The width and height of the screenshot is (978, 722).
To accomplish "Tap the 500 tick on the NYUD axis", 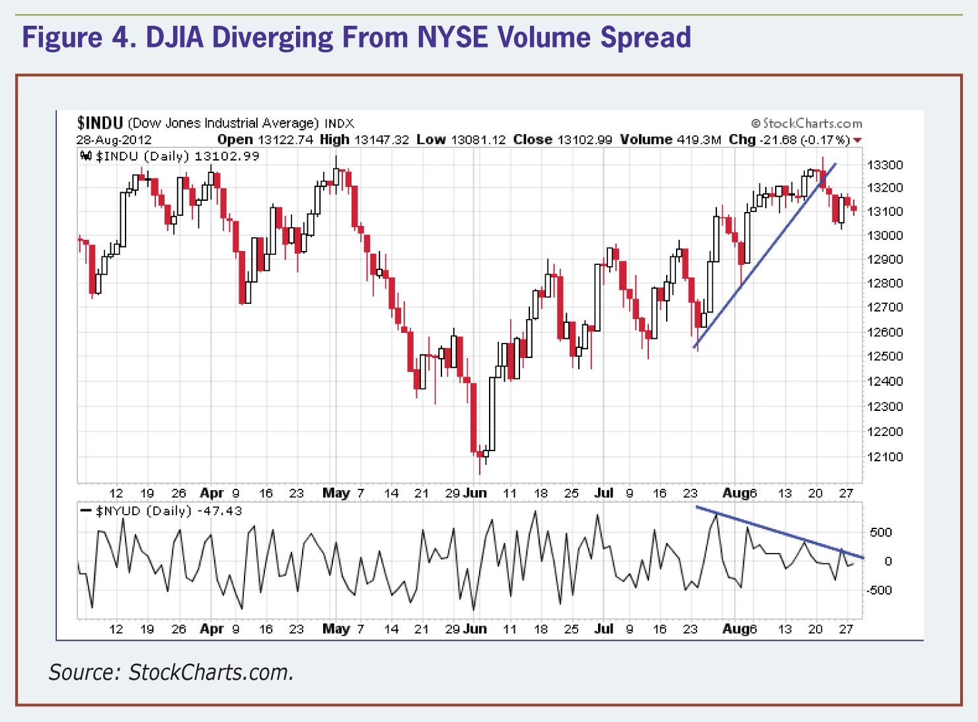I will (880, 532).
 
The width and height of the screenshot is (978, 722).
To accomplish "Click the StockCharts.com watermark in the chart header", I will (807, 124).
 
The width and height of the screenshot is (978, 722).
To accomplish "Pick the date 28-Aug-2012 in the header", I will (114, 140).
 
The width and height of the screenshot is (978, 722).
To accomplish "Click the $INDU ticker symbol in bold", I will (100, 123).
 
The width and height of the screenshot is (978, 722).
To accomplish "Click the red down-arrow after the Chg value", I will (858, 140).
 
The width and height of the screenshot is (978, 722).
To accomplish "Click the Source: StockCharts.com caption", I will (171, 672).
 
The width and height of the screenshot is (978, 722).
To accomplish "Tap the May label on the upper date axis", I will (336, 493).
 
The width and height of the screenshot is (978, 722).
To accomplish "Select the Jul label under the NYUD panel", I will (603, 628).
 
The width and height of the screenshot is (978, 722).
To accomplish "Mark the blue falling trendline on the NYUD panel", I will (780, 532).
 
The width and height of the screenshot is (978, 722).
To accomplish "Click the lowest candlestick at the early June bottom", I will (480, 455).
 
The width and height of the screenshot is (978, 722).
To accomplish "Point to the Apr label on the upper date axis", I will (212, 493).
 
